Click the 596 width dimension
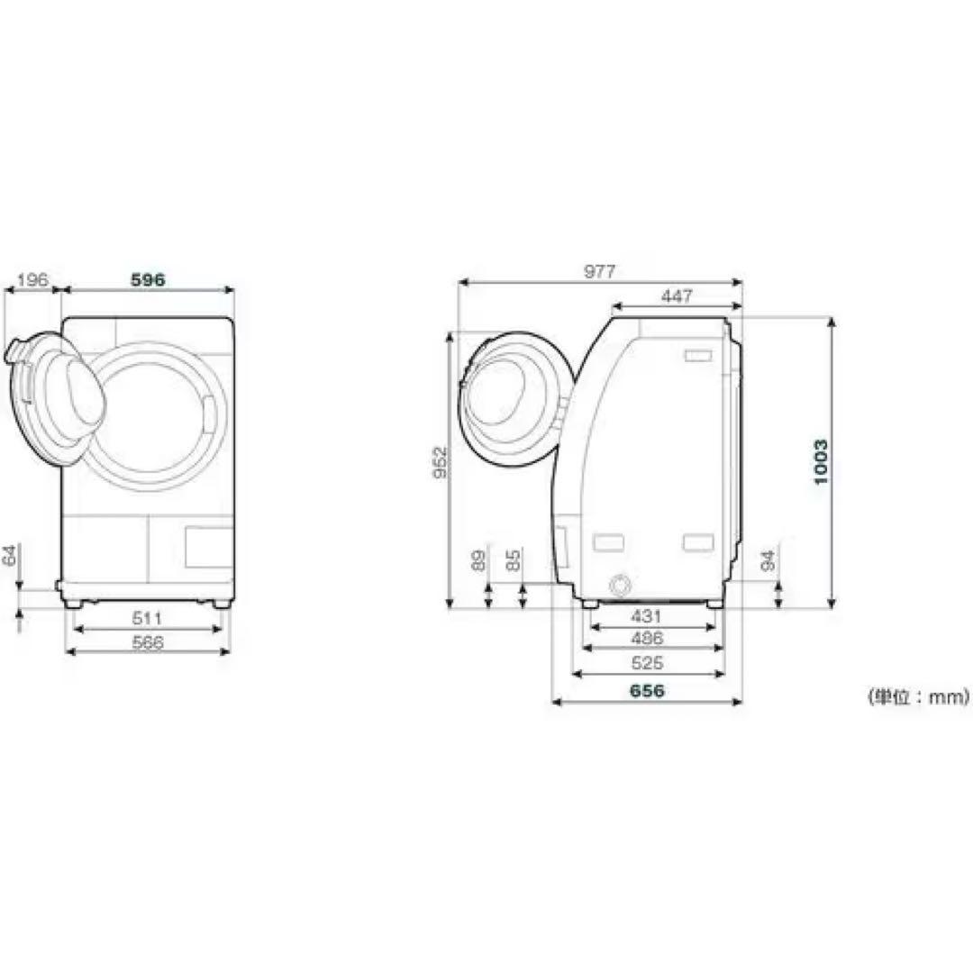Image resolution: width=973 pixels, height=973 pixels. pos(149,280)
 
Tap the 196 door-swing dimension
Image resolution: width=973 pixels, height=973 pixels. pos(32,280)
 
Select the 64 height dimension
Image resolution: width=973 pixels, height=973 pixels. pos(9,556)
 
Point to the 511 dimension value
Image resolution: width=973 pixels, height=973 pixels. pos(147,618)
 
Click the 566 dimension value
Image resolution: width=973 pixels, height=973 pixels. pos(147,642)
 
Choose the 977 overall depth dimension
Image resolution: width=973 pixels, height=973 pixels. pos(599,272)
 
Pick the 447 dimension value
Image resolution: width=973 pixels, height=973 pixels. pos(677,296)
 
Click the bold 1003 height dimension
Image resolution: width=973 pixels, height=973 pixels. pos(821,462)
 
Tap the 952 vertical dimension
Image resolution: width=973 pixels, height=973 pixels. pos(440,462)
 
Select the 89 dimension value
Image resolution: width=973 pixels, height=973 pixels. pos(477,560)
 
